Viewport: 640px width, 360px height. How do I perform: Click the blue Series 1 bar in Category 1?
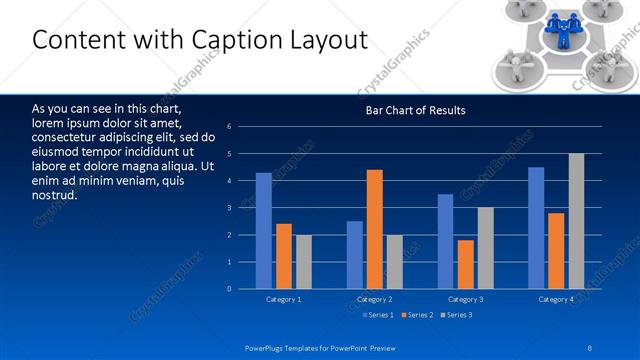263,231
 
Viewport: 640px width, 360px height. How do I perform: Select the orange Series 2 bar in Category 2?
375,230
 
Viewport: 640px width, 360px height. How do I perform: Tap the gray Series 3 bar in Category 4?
576,221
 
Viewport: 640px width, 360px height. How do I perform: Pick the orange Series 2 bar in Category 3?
466,265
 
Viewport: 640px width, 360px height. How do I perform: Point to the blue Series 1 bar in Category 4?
536,228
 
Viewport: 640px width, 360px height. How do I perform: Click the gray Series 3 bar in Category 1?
304,262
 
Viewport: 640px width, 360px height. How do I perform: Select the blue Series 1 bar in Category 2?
355,255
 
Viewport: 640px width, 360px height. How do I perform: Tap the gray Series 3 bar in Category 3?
486,248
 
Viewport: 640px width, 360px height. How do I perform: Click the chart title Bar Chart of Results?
415,110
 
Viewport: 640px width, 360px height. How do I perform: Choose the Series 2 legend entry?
418,315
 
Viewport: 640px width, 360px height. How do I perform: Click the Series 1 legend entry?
378,315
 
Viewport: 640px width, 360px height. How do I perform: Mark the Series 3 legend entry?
458,315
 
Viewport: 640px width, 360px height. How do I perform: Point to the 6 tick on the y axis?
229,127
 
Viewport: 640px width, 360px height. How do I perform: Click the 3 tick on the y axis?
229,208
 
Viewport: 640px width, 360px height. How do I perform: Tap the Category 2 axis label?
374,299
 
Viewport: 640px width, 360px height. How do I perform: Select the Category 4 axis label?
556,299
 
